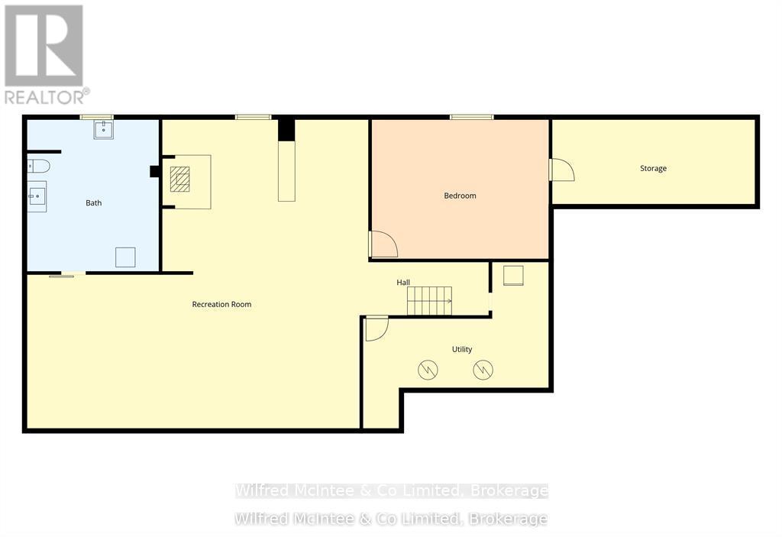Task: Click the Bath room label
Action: coord(93,203)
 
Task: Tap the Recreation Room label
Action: coord(221,304)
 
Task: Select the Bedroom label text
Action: coord(460,196)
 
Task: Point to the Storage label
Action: coord(653,168)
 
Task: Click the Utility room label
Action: coord(462,349)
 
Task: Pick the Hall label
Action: coord(403,283)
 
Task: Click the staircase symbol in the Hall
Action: coord(429,300)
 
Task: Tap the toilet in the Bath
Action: coord(39,166)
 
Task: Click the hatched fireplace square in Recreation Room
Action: coord(181,180)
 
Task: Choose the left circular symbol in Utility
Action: coord(428,370)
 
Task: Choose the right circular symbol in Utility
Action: coord(483,370)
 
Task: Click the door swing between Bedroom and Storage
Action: coord(561,170)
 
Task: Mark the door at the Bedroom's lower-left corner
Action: coord(383,244)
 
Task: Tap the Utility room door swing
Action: coord(376,328)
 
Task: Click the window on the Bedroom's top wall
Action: coord(471,117)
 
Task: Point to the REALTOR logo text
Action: coord(46,97)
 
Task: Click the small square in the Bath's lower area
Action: coord(125,257)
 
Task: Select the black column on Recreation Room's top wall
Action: coord(286,129)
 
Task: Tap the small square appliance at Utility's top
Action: coord(513,275)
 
